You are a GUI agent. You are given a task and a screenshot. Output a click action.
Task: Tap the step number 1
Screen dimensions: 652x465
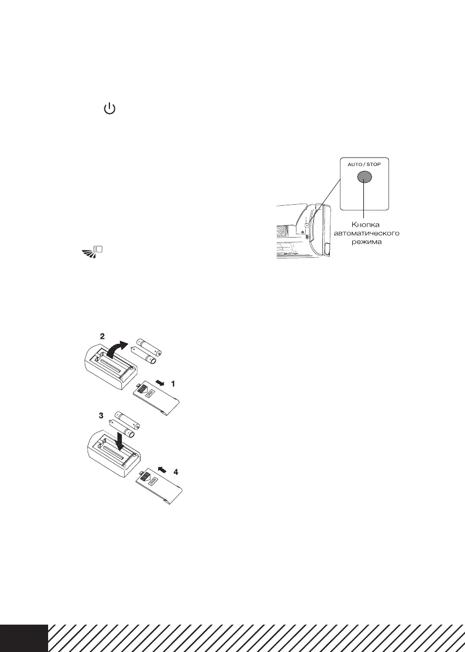[173, 384]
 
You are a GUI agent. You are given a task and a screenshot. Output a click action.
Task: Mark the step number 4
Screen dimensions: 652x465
[176, 471]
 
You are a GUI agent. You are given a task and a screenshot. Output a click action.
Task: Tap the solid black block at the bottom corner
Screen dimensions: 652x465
[24, 637]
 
